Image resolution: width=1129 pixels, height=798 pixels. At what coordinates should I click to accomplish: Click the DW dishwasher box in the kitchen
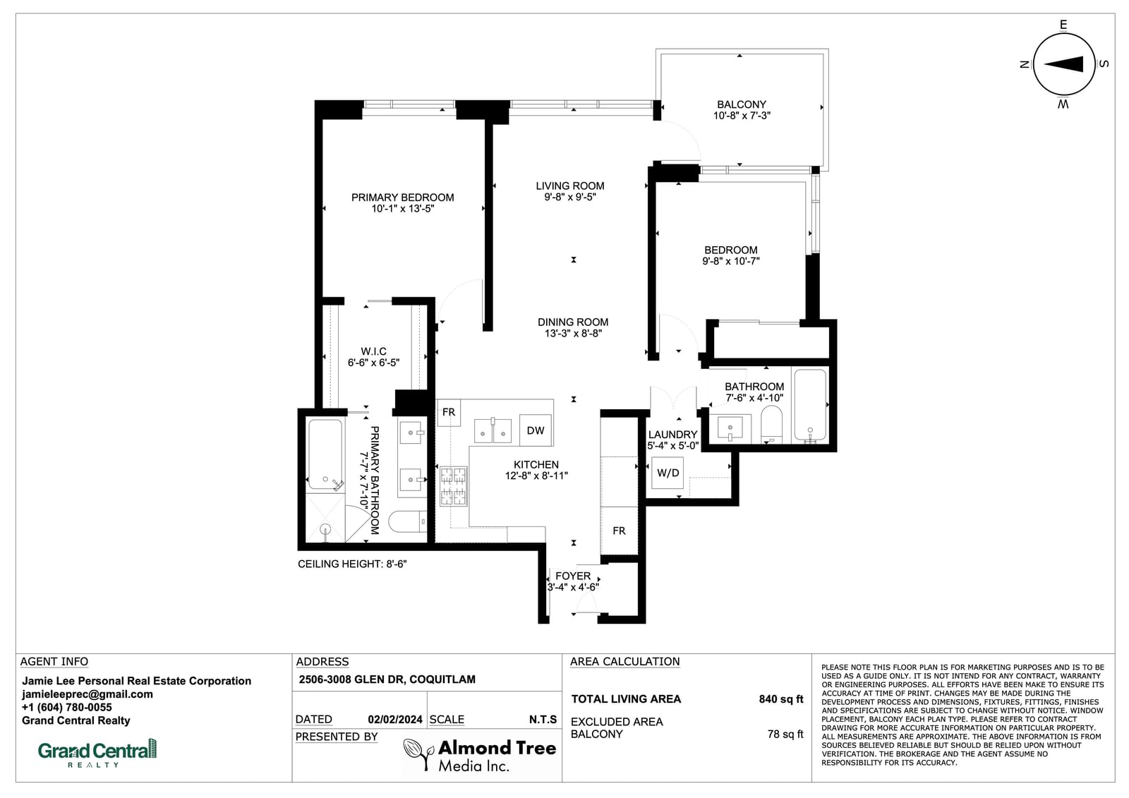536,430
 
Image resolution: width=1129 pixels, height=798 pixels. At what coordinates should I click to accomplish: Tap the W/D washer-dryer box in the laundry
668,473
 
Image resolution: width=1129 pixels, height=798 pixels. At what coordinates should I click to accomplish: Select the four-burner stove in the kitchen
454,486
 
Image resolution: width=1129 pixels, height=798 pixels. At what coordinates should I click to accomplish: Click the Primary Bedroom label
403,197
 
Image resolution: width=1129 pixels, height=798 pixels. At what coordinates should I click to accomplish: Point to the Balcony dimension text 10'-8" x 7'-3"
742,116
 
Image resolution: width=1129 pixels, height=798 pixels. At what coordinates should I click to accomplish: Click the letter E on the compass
1063,25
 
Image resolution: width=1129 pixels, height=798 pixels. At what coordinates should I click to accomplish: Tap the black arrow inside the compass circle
1063,64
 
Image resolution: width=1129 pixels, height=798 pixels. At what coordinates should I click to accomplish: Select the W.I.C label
373,351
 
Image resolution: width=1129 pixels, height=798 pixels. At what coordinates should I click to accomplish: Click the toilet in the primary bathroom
408,521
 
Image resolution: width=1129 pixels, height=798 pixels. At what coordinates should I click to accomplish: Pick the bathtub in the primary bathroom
325,454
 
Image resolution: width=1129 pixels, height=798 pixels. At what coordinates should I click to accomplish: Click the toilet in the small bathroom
771,424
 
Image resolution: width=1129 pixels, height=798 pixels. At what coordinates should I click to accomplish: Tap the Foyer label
573,576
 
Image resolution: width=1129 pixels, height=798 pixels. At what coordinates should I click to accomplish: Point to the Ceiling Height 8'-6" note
352,564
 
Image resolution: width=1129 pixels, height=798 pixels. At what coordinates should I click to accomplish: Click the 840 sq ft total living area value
780,699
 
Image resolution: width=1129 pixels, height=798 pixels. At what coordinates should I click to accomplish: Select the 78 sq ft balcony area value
785,734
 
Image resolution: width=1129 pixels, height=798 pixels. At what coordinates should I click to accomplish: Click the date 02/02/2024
395,720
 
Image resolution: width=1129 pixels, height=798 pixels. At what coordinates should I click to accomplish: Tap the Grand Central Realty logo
97,753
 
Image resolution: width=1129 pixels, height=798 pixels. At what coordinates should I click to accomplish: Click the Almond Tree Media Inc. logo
480,755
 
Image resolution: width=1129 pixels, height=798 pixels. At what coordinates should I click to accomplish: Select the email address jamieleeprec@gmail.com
87,694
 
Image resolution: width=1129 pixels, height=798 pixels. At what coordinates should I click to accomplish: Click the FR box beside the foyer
619,531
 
